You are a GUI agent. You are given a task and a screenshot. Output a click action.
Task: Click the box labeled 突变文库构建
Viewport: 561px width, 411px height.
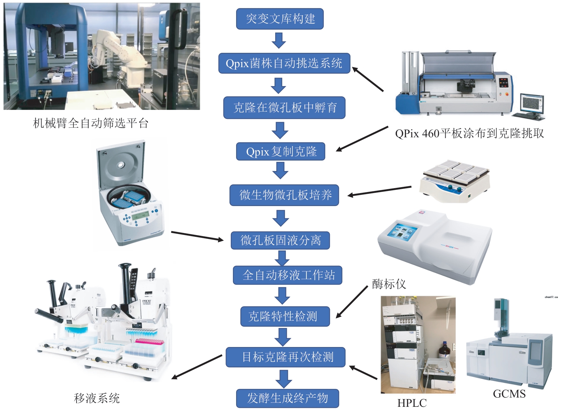[x=280, y=19]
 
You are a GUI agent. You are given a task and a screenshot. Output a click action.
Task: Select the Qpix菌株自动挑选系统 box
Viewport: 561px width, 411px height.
[x=284, y=63]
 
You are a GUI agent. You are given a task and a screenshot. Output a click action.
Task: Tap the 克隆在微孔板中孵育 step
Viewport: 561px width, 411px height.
[x=284, y=108]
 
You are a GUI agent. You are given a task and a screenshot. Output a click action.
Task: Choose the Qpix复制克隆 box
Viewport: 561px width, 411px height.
[x=280, y=151]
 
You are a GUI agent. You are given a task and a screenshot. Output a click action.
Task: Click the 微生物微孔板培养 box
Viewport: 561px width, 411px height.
[x=284, y=195]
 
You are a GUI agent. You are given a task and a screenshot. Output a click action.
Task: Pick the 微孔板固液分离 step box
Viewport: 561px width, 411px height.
[x=280, y=240]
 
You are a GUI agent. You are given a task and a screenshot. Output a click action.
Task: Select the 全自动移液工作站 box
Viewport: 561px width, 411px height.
[x=287, y=275]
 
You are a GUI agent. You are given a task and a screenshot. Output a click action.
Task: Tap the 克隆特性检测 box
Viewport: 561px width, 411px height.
[x=285, y=316]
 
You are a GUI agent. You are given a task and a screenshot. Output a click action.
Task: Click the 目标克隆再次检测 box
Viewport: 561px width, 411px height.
[x=285, y=357]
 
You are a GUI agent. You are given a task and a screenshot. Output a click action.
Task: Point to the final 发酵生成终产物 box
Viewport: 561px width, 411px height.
[x=287, y=398]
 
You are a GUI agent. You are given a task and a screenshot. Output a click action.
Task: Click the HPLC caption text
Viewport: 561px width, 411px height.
[x=412, y=403]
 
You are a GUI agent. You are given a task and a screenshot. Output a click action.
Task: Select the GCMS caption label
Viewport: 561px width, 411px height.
[x=509, y=394]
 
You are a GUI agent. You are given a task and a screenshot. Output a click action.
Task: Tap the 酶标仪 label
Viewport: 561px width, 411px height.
[x=389, y=284]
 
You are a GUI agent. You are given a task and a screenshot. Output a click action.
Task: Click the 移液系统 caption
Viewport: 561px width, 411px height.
[x=97, y=398]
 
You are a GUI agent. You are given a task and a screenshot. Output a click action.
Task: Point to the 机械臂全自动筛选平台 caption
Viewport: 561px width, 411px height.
[x=91, y=123]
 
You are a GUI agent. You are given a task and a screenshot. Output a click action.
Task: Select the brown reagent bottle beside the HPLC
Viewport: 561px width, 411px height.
[x=445, y=350]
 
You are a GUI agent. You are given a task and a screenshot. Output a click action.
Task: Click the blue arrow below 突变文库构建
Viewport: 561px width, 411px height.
[x=279, y=40]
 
